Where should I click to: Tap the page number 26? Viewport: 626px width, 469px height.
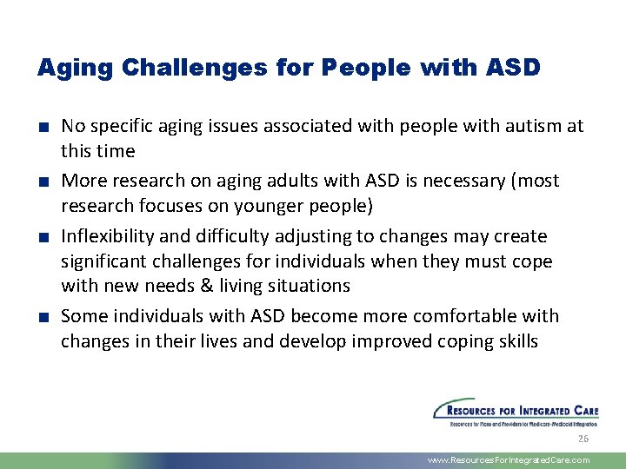[583, 438]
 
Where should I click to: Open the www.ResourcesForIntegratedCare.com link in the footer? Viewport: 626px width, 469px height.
[509, 460]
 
